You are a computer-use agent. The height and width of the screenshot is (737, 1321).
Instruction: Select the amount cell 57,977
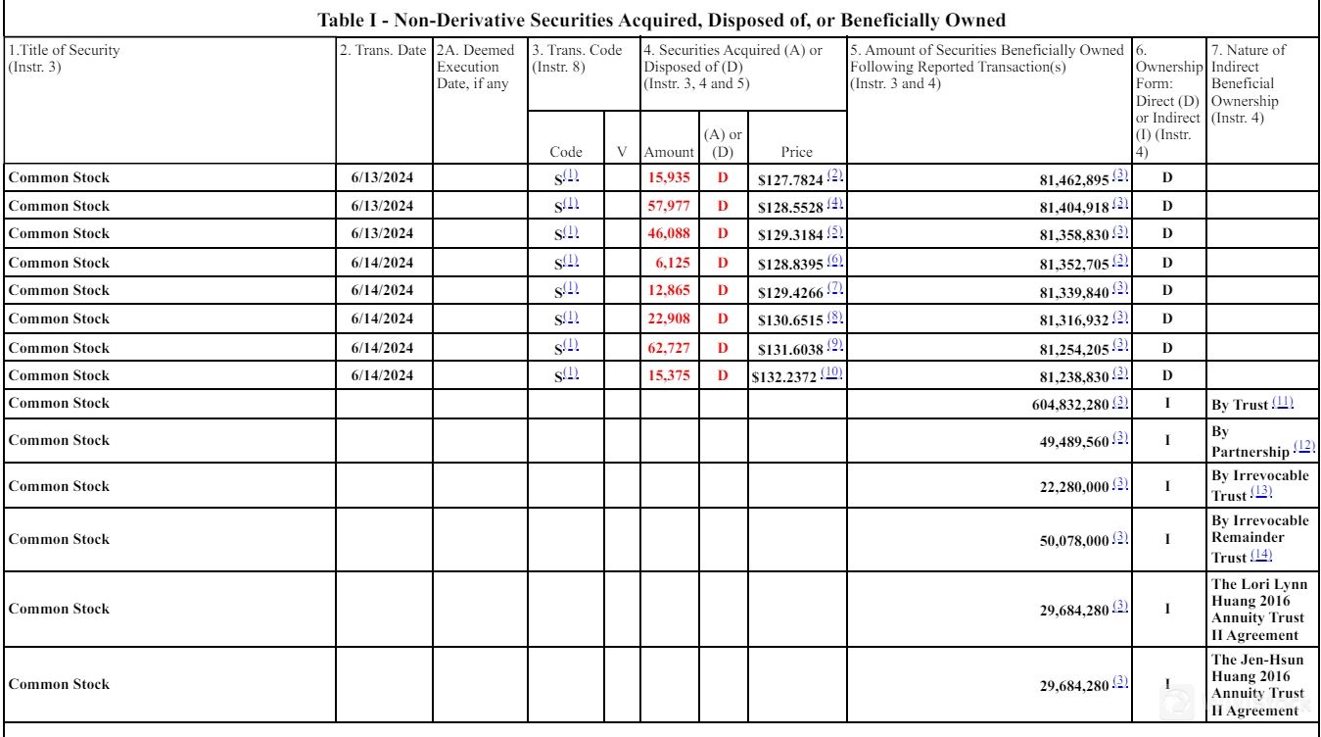(671, 206)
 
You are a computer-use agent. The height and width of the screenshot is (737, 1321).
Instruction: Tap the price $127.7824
(790, 178)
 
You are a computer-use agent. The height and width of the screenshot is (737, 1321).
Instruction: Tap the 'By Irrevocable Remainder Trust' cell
(1259, 538)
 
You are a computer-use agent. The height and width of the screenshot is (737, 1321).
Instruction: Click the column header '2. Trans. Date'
(383, 50)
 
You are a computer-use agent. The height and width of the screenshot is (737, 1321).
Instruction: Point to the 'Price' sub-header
(794, 152)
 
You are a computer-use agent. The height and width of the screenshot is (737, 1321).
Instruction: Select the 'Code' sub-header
(565, 152)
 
